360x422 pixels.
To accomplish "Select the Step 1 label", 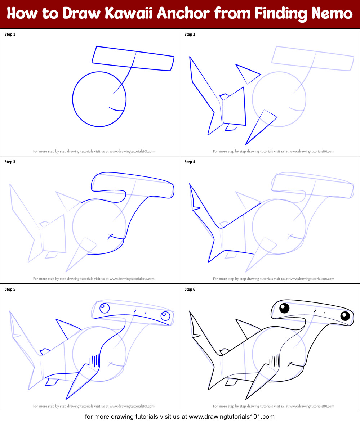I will [x=10, y=35].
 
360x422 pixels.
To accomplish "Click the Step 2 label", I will [x=190, y=35].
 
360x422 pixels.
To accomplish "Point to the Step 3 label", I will [x=10, y=162].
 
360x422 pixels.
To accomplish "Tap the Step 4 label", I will [x=190, y=162].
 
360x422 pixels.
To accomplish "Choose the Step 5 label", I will [x=10, y=289].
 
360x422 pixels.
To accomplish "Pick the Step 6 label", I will [x=190, y=289].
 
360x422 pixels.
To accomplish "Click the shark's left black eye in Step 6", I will [x=284, y=309].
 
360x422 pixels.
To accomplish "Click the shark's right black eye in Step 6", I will [x=345, y=316].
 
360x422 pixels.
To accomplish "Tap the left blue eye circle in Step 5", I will [x=105, y=308].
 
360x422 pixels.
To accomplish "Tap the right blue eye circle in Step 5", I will [x=165, y=316].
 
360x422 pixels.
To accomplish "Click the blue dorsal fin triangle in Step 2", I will [x=247, y=73].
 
